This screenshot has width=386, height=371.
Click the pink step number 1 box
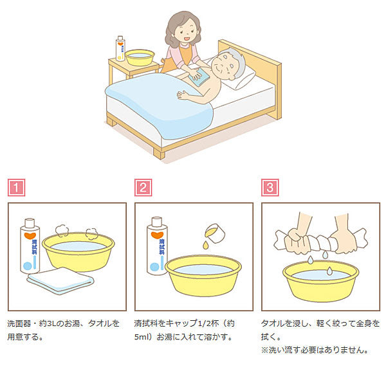[x=16, y=188]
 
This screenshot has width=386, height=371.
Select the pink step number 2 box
[x=143, y=188]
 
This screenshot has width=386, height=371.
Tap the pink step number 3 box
[x=270, y=188]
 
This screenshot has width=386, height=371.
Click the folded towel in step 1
[x=60, y=280]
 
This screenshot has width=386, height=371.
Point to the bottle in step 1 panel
[x=30, y=246]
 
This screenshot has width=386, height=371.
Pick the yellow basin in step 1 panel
[x=78, y=251]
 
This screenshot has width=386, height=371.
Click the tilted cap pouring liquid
[x=215, y=233]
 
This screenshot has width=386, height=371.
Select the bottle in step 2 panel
[x=157, y=246]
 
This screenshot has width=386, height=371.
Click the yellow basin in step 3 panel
[x=321, y=282]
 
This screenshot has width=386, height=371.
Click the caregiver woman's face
[x=186, y=32]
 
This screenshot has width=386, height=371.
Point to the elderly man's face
[x=223, y=66]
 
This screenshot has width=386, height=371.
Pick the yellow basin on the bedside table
[x=140, y=58]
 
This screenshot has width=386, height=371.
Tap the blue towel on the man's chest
[x=201, y=78]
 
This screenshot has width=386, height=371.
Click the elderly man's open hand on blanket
[x=183, y=95]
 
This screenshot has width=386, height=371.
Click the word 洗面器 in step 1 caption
[x=19, y=323]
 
